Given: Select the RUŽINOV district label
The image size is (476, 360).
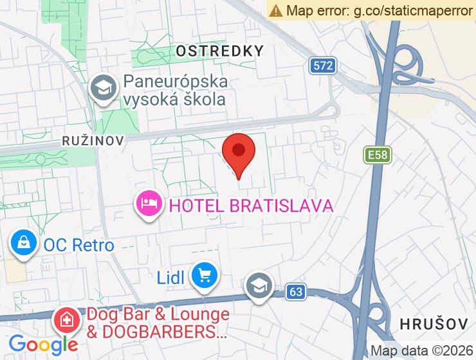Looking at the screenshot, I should (x=93, y=139).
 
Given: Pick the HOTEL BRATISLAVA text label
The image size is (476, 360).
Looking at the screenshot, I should (x=251, y=206).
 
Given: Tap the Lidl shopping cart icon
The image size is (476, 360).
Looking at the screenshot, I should (x=205, y=276).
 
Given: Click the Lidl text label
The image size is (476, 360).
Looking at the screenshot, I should (x=171, y=278).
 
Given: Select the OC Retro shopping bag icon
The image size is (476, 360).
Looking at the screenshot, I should (x=23, y=244).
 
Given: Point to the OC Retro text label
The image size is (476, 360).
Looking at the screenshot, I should (x=78, y=245).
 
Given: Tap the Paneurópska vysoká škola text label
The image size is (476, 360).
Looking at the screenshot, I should (x=175, y=91).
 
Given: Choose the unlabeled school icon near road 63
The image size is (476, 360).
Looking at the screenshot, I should (x=259, y=285).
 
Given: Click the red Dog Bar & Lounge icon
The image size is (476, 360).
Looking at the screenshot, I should (x=66, y=319).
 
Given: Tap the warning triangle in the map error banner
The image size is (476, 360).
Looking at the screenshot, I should (x=276, y=10).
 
